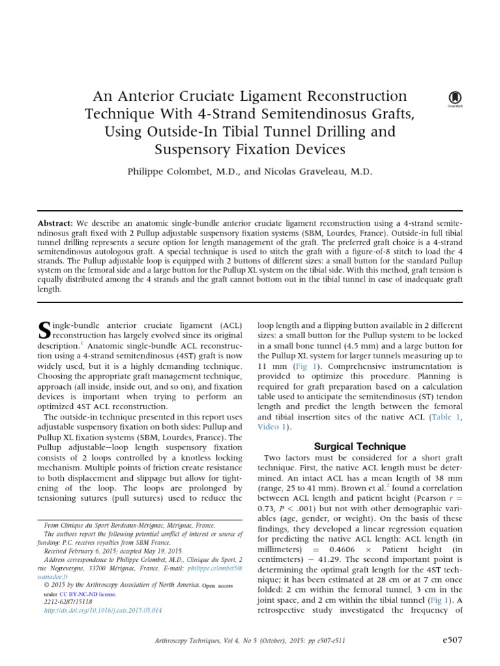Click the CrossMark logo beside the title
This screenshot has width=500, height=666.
454,98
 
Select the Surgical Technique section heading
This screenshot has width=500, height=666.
360,446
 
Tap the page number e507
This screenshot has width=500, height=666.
451,640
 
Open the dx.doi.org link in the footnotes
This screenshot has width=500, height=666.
102,611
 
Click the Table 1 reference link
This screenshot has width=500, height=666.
449,416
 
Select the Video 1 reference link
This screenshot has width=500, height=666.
270,427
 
